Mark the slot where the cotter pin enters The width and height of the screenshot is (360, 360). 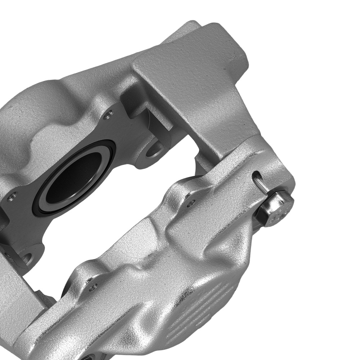256,175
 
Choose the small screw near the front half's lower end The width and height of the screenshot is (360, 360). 93,286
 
